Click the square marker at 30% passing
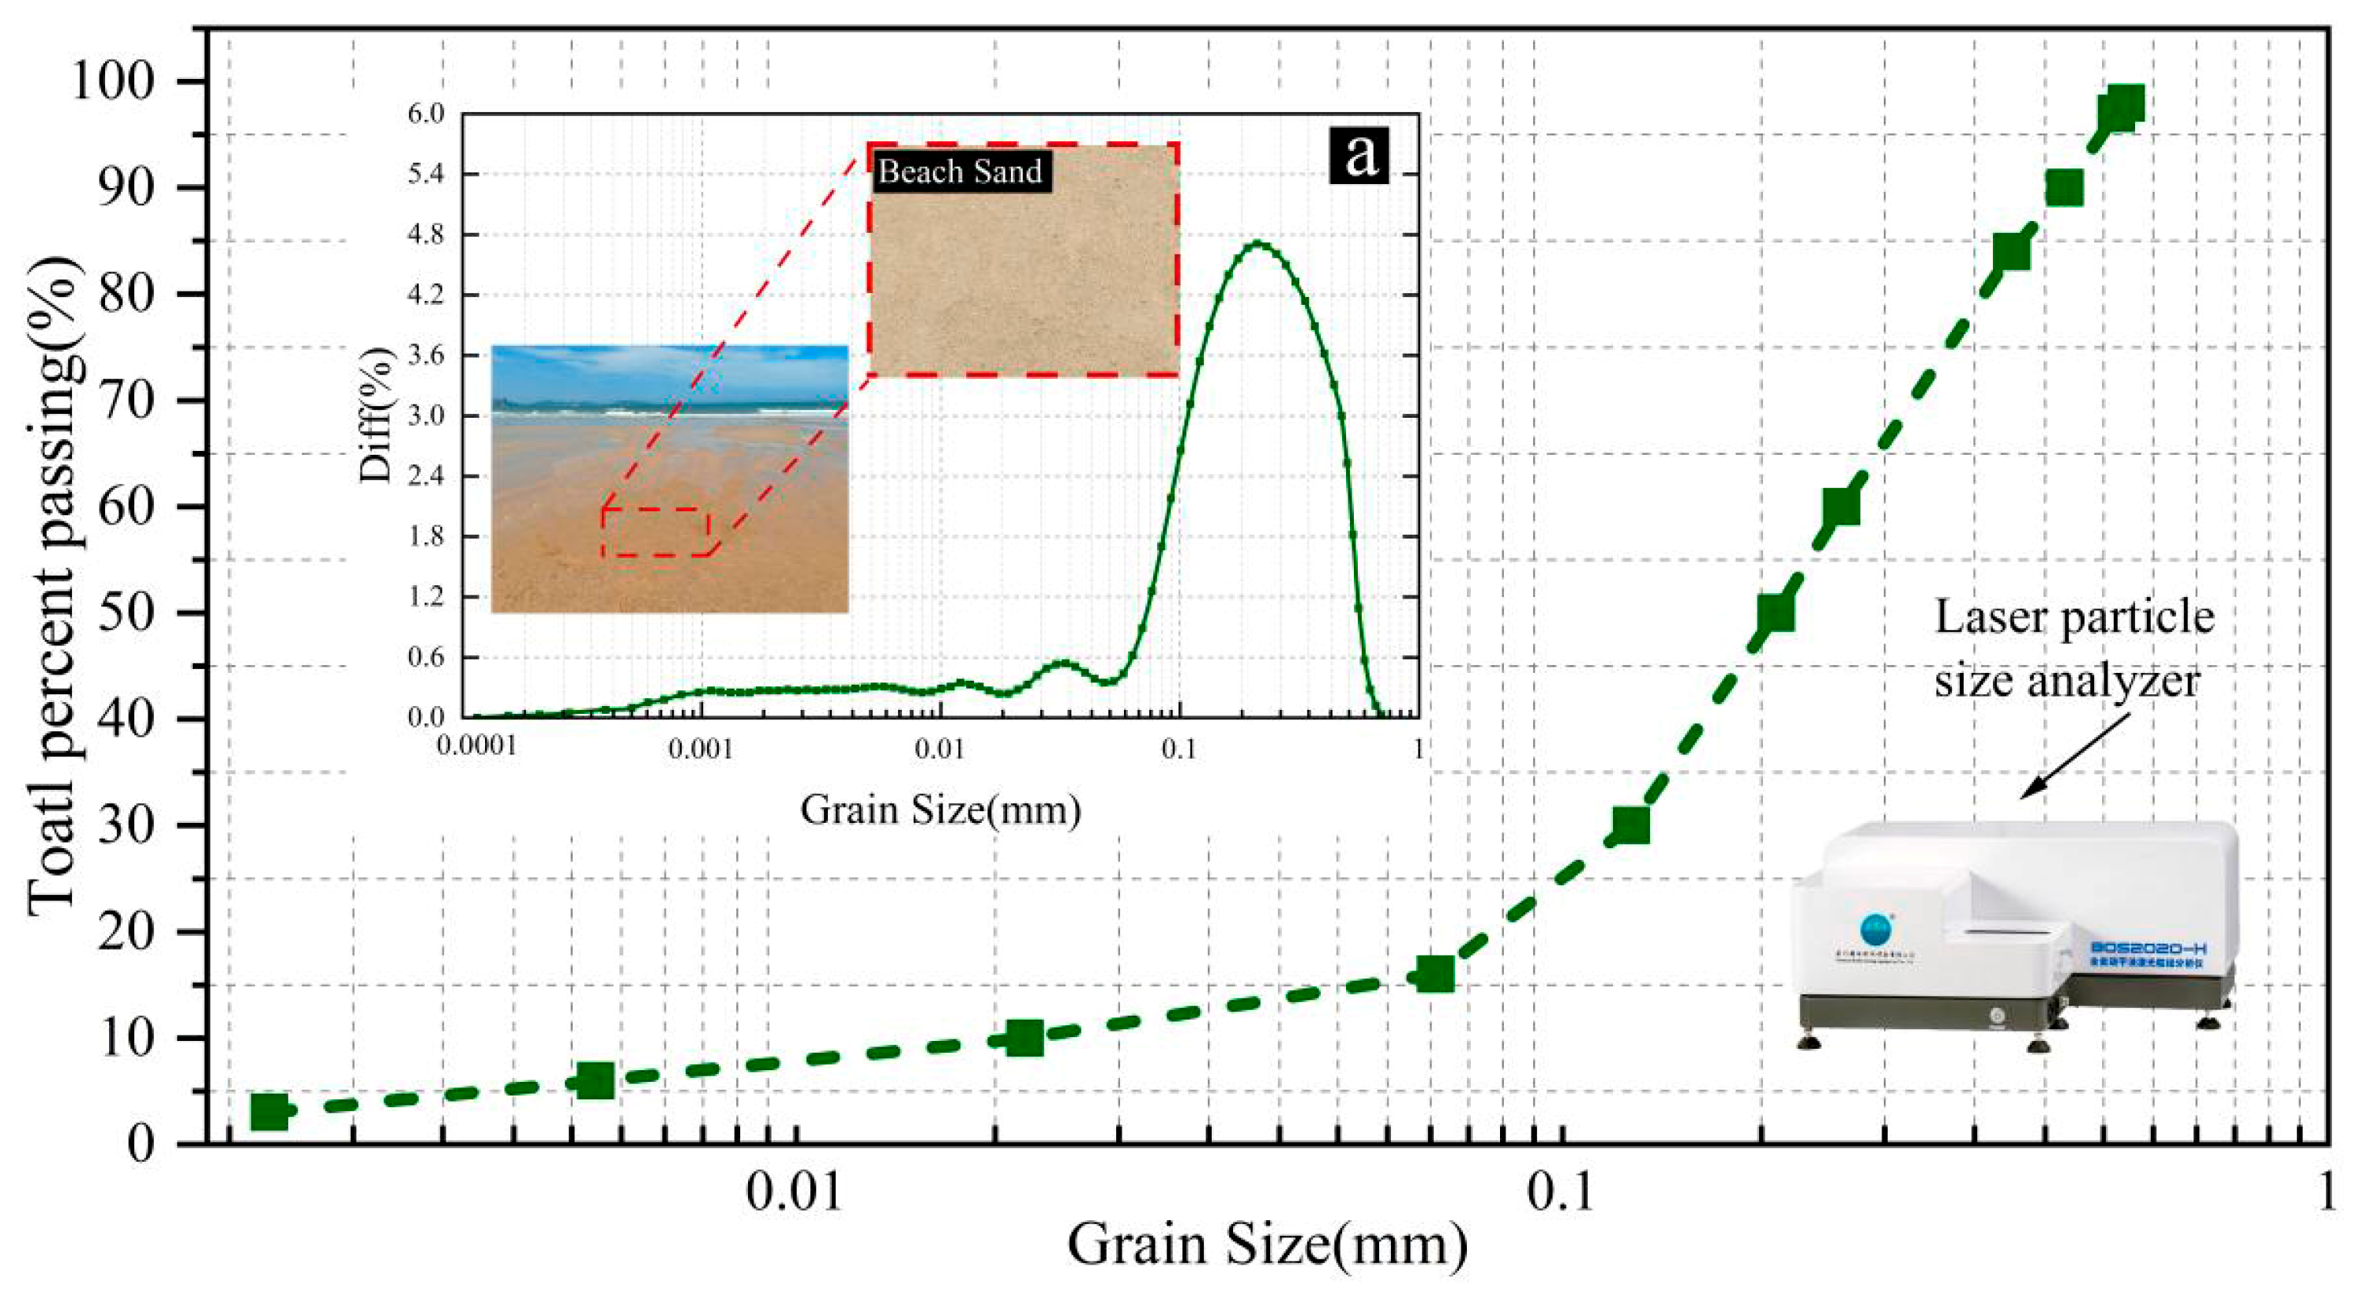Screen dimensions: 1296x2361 coord(1630,825)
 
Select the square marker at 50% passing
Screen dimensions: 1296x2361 coord(1776,612)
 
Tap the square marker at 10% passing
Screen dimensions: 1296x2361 coord(1024,1038)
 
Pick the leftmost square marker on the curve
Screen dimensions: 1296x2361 coord(269,1112)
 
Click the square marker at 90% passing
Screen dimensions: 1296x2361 coord(2064,188)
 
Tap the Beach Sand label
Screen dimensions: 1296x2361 coord(960,171)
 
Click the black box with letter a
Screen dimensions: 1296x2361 coord(1360,154)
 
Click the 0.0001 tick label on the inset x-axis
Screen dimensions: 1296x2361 coord(476,748)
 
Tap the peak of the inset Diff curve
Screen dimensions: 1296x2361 coord(1258,244)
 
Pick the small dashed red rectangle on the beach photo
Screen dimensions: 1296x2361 coord(656,532)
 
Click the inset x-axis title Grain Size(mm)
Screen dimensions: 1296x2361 coord(940,810)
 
